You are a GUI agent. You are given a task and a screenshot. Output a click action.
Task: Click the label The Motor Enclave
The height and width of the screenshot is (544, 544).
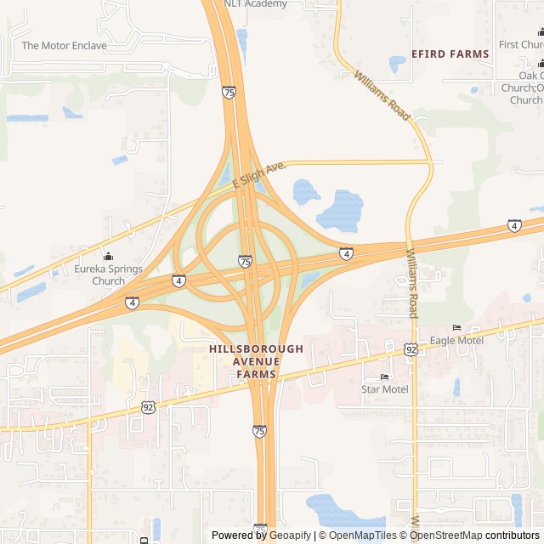click(x=65, y=45)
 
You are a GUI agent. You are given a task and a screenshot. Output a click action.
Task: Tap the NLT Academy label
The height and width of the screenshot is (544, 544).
click(x=255, y=3)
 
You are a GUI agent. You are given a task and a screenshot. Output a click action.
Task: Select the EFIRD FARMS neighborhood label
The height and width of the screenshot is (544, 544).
click(x=450, y=54)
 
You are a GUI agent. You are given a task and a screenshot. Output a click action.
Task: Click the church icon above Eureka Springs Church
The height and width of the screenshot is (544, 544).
click(x=108, y=257)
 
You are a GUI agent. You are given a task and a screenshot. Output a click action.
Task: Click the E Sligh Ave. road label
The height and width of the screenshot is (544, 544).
click(x=258, y=174)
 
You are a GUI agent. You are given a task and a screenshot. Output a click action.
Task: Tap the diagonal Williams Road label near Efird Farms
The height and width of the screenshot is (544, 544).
click(x=383, y=95)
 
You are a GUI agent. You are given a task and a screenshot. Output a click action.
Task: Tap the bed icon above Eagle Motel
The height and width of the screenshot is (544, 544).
click(x=457, y=328)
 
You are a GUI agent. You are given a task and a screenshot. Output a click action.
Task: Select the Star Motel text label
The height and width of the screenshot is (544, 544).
click(x=384, y=389)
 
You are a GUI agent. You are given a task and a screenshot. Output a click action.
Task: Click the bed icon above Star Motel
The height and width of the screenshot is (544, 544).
click(x=384, y=377)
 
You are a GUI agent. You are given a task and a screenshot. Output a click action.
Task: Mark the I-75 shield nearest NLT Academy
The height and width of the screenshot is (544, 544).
click(x=229, y=93)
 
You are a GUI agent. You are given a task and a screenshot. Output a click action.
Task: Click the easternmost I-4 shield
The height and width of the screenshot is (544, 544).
click(x=514, y=225)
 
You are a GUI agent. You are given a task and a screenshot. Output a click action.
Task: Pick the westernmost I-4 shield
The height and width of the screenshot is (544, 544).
click(x=132, y=303)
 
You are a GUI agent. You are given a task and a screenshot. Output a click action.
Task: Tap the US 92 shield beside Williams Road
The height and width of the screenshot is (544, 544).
click(x=411, y=349)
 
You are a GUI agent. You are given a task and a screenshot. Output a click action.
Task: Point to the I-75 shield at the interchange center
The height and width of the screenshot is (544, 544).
click(x=245, y=262)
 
